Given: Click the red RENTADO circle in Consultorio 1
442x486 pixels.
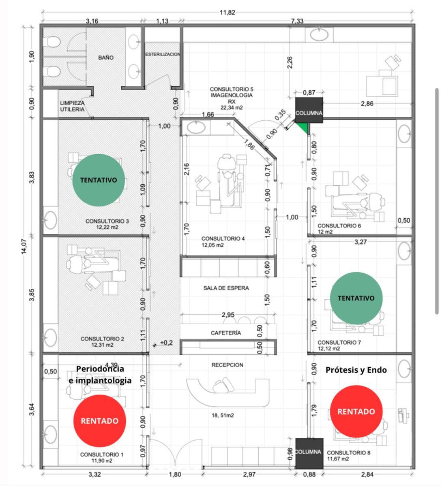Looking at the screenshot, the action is click(x=99, y=420).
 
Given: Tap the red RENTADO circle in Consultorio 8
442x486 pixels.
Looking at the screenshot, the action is click(x=356, y=411).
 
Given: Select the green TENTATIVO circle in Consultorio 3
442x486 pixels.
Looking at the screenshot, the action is click(x=99, y=180).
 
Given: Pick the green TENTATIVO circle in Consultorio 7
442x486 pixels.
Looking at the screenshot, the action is click(x=356, y=298).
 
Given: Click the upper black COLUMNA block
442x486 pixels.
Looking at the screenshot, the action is click(x=309, y=110).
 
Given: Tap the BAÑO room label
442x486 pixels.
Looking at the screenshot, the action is click(x=106, y=58).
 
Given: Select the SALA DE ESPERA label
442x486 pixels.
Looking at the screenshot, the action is click(x=226, y=288).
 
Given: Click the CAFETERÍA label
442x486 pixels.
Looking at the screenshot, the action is click(x=226, y=333).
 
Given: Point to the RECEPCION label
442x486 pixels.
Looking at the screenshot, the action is click(x=227, y=365).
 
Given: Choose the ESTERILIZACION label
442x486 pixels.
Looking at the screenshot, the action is click(x=163, y=55).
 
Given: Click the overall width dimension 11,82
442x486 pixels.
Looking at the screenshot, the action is click(x=227, y=13).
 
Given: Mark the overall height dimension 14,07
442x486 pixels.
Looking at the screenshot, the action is click(x=24, y=246).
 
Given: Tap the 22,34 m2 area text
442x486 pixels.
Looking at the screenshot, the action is click(x=232, y=108).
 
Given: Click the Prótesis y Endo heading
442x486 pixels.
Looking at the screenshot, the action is click(x=356, y=370).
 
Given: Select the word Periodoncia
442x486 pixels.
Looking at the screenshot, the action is click(x=100, y=369).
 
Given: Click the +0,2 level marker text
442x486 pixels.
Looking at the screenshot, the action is click(x=166, y=343).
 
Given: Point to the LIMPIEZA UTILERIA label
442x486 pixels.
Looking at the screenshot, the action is click(x=72, y=106).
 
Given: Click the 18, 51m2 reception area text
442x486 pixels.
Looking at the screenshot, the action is click(x=223, y=415).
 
